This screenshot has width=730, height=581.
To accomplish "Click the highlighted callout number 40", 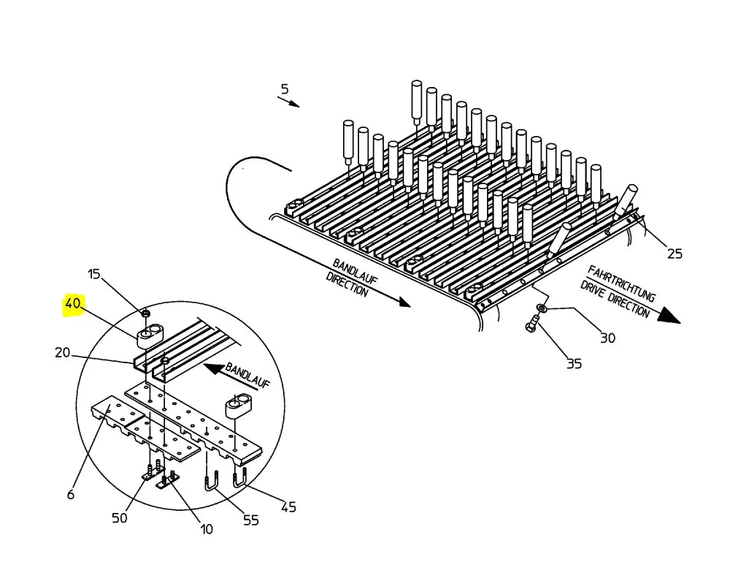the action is pos(72,304).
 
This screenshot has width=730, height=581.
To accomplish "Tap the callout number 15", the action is pos(94,274).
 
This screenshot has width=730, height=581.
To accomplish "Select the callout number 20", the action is pos(62,353).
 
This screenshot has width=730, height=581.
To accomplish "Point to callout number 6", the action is pos(71,494).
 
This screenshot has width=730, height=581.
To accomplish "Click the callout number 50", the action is pos(119,518).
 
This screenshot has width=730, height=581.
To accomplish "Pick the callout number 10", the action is pos(207,529).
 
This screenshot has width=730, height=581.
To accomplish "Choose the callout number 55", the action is pos(251,520).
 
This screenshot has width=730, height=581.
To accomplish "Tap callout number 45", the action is pos(288,507).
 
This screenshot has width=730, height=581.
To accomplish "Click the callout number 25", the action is pos(675,254).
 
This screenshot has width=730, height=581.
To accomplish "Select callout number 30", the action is pos(607,338).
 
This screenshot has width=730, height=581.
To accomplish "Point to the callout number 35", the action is pos(574,364).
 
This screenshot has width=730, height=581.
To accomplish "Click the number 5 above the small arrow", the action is pos(285,89).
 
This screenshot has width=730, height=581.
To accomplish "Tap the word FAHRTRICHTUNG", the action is pos(621,284).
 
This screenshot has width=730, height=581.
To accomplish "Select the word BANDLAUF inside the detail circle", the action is pos(247,375).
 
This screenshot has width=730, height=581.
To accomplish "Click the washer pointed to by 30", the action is pos(542,308).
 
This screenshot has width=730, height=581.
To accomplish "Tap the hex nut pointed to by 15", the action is pos(145,313).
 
